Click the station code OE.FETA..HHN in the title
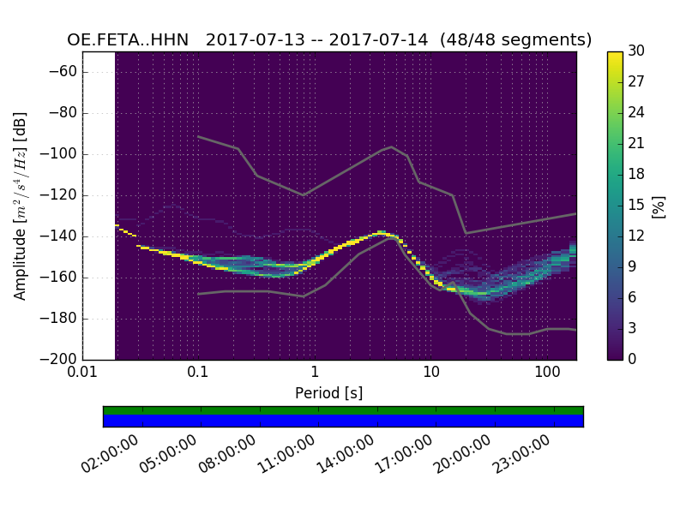(x=128, y=40)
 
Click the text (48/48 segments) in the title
(x=515, y=40)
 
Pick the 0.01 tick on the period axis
(x=82, y=374)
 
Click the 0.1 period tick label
(x=198, y=374)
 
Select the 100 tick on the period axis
(x=547, y=374)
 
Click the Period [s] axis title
(x=328, y=393)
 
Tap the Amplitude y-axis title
(x=20, y=206)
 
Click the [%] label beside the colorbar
(x=659, y=206)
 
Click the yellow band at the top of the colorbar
(x=615, y=57)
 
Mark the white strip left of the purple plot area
(x=99, y=206)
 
